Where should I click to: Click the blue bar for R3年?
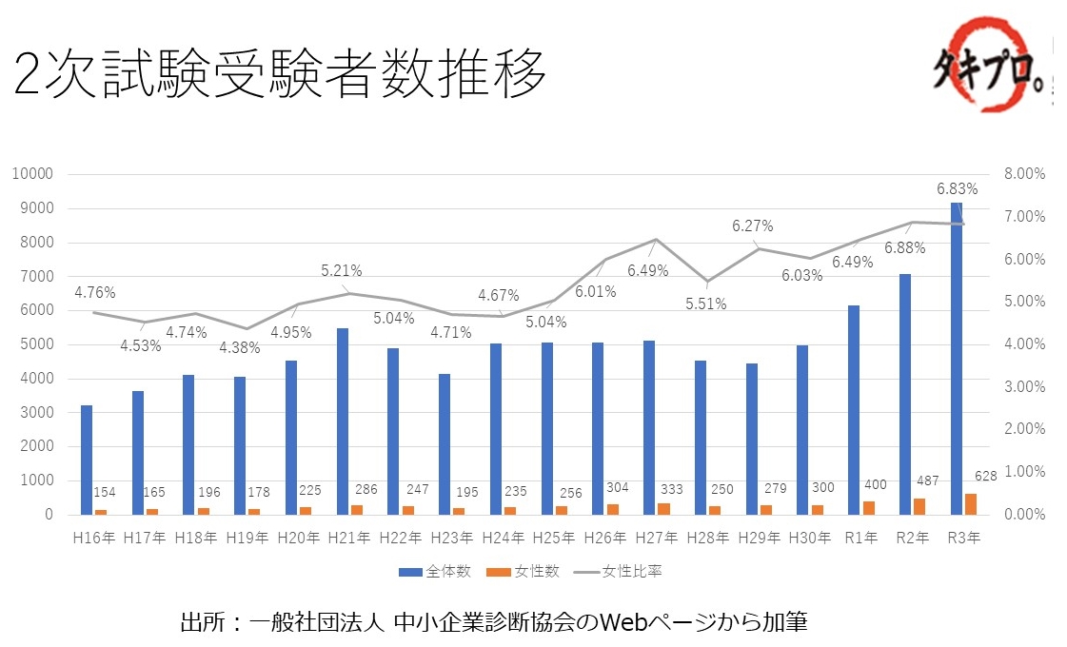point(956,359)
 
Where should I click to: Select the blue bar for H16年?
point(87,460)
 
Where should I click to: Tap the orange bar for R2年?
point(919,506)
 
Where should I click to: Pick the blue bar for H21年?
point(343,422)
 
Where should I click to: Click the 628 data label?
point(985,476)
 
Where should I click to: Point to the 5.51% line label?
point(706,304)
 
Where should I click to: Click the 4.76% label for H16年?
point(93,292)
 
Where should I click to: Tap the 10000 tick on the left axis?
point(33,174)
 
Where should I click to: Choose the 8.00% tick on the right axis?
point(1024,174)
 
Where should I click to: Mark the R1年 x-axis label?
point(861,538)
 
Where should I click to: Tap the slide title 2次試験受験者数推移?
point(281,74)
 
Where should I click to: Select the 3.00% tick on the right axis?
point(1024,386)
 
